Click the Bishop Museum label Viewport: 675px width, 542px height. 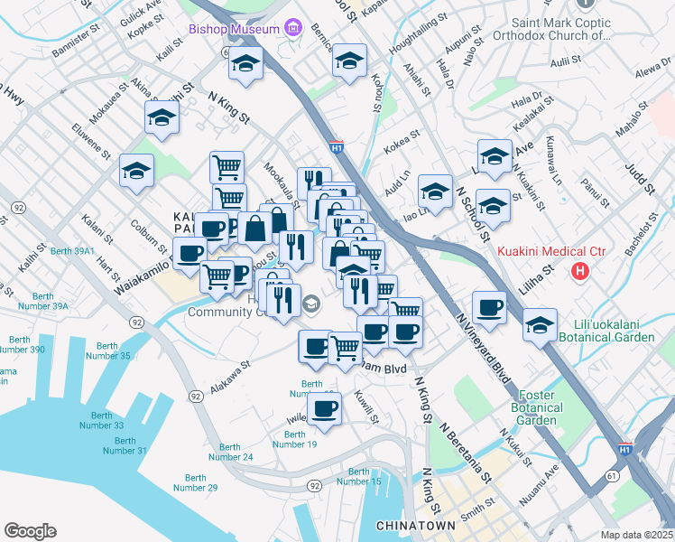(x=234, y=30)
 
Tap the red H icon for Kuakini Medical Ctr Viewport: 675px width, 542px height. (x=580, y=270)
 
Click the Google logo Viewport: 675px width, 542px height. (x=30, y=531)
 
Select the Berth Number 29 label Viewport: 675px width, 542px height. (x=195, y=482)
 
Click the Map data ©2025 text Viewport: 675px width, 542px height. (x=636, y=534)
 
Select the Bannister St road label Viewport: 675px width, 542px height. (x=75, y=41)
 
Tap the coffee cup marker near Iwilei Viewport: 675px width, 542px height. (x=324, y=409)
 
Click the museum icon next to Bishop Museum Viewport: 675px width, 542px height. (x=291, y=30)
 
